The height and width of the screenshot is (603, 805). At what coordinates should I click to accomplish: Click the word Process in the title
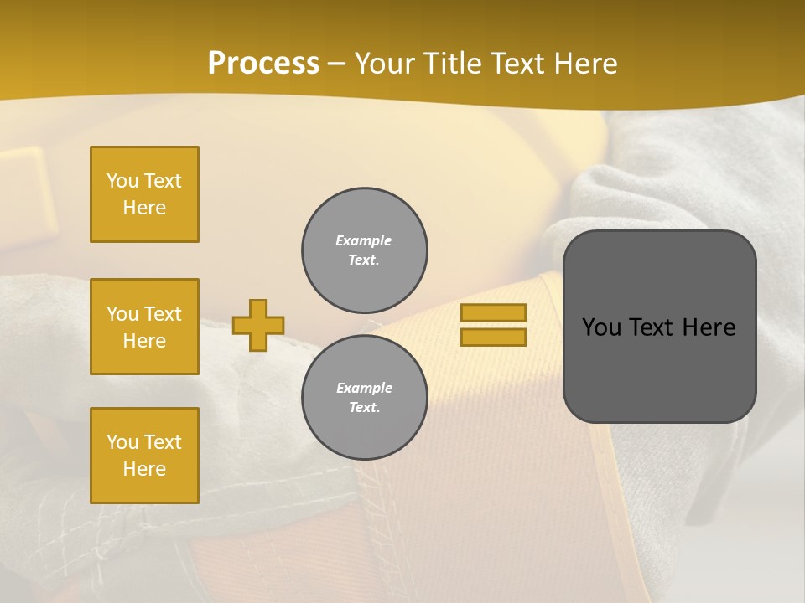coord(263,64)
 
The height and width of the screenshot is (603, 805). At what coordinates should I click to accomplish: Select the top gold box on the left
coord(144,194)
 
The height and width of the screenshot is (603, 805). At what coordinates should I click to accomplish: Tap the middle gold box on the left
coord(144,327)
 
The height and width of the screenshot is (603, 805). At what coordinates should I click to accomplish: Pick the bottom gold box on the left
coord(144,456)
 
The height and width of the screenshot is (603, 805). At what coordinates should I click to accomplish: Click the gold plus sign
coord(258,325)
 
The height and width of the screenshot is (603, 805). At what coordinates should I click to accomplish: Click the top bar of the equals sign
coord(493,312)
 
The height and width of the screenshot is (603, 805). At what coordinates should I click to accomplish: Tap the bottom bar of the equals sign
coord(493,337)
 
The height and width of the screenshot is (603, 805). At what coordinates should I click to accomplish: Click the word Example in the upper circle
coord(363,240)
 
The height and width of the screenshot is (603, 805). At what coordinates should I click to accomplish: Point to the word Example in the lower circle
coord(364,388)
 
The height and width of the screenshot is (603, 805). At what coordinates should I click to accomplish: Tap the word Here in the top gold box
coord(144,208)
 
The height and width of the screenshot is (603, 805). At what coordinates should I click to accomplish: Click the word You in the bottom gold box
coord(122,442)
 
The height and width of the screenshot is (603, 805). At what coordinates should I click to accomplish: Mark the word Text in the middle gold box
coord(162,314)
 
